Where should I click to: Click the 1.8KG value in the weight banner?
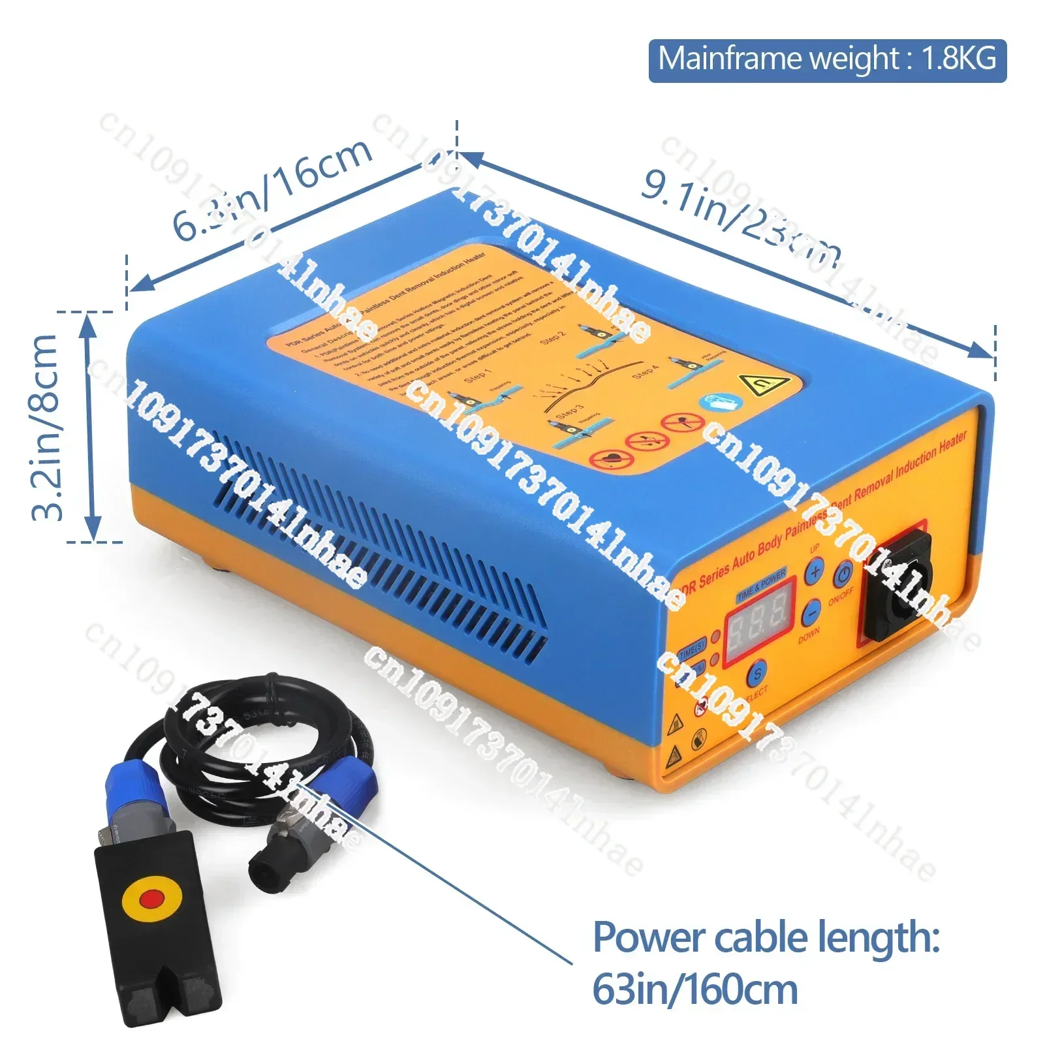[x=959, y=59]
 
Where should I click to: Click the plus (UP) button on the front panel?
[x=814, y=572]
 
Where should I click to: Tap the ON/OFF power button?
[x=843, y=574]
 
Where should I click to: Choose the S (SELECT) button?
[x=757, y=674]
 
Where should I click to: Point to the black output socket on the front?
[x=899, y=586]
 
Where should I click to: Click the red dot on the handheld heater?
[x=151, y=899]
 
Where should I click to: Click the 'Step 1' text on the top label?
[x=476, y=377]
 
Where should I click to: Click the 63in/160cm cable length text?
[x=695, y=990]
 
